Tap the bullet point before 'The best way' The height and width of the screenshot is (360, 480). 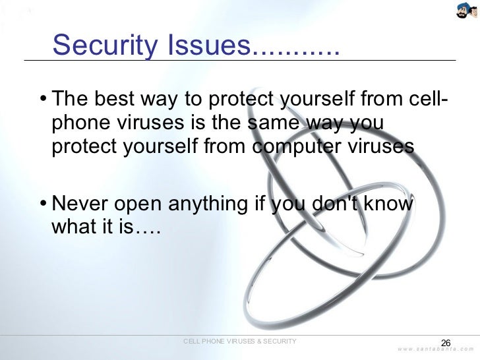tap(42, 101)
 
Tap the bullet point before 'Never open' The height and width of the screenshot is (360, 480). tap(42, 206)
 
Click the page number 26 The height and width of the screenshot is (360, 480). tap(445, 343)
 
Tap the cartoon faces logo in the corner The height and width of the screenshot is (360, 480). tap(465, 11)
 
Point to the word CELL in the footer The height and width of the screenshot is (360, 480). tap(192, 341)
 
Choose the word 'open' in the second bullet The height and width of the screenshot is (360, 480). tap(138, 205)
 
